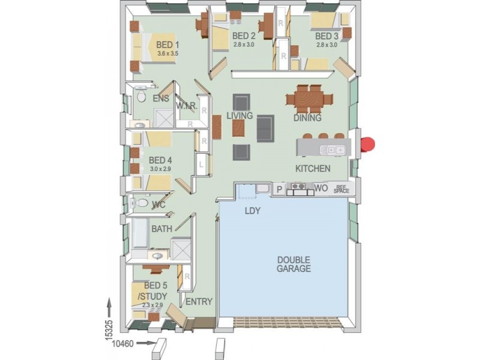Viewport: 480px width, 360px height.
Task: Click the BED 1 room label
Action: (167, 44)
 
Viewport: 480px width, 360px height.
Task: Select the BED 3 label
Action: (327, 36)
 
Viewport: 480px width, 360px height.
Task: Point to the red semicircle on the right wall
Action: (367, 145)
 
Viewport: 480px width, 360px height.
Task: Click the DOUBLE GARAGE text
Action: (294, 265)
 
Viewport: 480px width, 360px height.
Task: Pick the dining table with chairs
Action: (308, 98)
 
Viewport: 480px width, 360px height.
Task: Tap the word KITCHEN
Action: (312, 169)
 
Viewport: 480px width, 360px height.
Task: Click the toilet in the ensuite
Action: (142, 96)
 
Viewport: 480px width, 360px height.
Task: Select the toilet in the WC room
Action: (140, 203)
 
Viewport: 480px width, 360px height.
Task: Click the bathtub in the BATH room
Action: (141, 233)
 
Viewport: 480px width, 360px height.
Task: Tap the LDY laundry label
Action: (251, 211)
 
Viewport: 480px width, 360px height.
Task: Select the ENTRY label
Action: (199, 301)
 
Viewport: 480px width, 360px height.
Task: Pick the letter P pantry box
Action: (279, 189)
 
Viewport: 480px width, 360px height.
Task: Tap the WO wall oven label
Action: (321, 188)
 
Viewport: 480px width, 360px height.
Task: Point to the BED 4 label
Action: (160, 160)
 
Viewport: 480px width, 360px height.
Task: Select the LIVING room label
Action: (239, 115)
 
